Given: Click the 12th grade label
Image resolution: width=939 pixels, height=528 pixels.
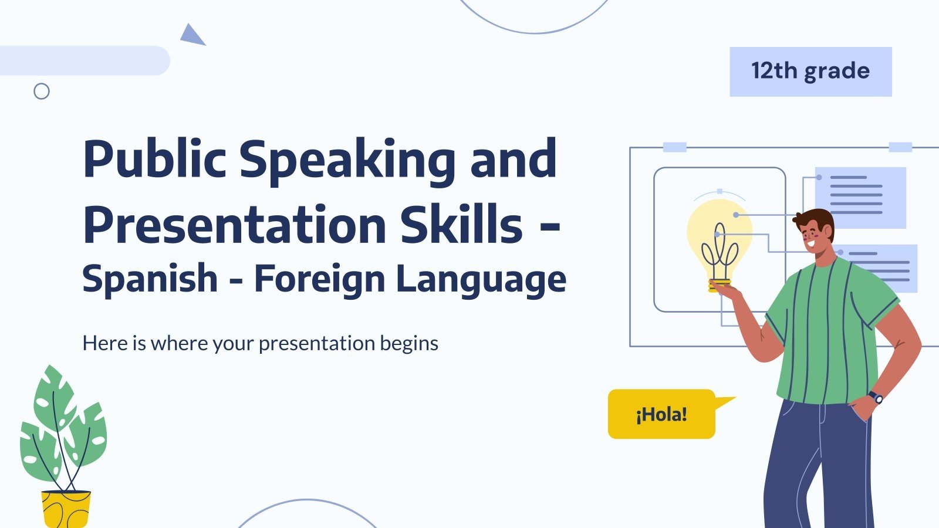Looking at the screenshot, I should click(x=810, y=72).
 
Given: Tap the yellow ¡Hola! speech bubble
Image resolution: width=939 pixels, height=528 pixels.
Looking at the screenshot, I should click(x=661, y=414).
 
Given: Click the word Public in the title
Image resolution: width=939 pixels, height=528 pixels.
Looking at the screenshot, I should click(x=154, y=160).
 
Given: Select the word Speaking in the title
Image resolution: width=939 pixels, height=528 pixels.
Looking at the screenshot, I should click(x=347, y=160).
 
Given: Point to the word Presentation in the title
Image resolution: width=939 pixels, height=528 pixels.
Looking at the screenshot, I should click(x=234, y=225).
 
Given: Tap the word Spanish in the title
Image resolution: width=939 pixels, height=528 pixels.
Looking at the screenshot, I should click(x=150, y=279).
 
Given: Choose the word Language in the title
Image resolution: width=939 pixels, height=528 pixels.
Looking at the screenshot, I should click(x=481, y=279).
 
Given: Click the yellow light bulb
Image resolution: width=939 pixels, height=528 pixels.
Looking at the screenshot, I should click(x=720, y=241).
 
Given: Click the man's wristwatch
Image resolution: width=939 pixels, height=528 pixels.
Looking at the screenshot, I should click(x=876, y=397).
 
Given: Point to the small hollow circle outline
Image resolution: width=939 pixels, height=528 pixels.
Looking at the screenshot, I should click(x=42, y=91).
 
